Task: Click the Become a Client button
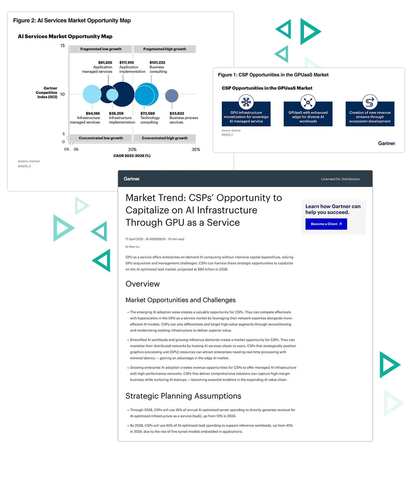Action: click(x=326, y=224)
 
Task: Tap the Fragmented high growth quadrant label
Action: click(x=164, y=49)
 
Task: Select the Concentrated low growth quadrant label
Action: click(x=101, y=138)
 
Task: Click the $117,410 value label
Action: click(x=126, y=63)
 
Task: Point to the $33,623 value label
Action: click(x=177, y=113)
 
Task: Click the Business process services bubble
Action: click(x=172, y=96)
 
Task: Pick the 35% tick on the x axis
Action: click(x=196, y=149)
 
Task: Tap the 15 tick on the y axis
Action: click(x=63, y=46)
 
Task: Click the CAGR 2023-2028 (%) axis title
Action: click(x=132, y=156)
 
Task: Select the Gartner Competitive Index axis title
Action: click(x=47, y=93)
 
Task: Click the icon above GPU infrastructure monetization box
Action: click(x=246, y=102)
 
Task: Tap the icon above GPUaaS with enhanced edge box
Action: click(x=308, y=102)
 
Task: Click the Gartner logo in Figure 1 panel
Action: click(x=387, y=143)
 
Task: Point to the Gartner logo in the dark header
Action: click(x=132, y=179)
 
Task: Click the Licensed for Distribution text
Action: click(x=340, y=179)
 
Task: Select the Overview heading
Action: click(x=142, y=284)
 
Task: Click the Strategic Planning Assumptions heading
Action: click(x=183, y=396)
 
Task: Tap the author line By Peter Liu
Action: click(x=132, y=247)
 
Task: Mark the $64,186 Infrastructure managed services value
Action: click(x=93, y=113)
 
